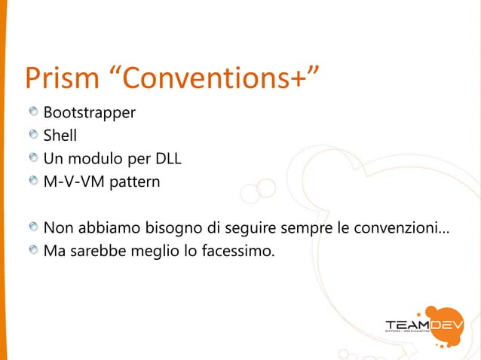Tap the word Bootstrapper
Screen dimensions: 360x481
pyautogui.click(x=89, y=114)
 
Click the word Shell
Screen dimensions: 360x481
pyautogui.click(x=60, y=136)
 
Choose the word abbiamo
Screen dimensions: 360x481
pyautogui.click(x=104, y=227)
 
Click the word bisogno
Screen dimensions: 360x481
pyautogui.click(x=165, y=227)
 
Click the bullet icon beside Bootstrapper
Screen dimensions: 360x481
pyautogui.click(x=33, y=114)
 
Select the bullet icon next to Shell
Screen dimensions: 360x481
pyautogui.click(x=33, y=136)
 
